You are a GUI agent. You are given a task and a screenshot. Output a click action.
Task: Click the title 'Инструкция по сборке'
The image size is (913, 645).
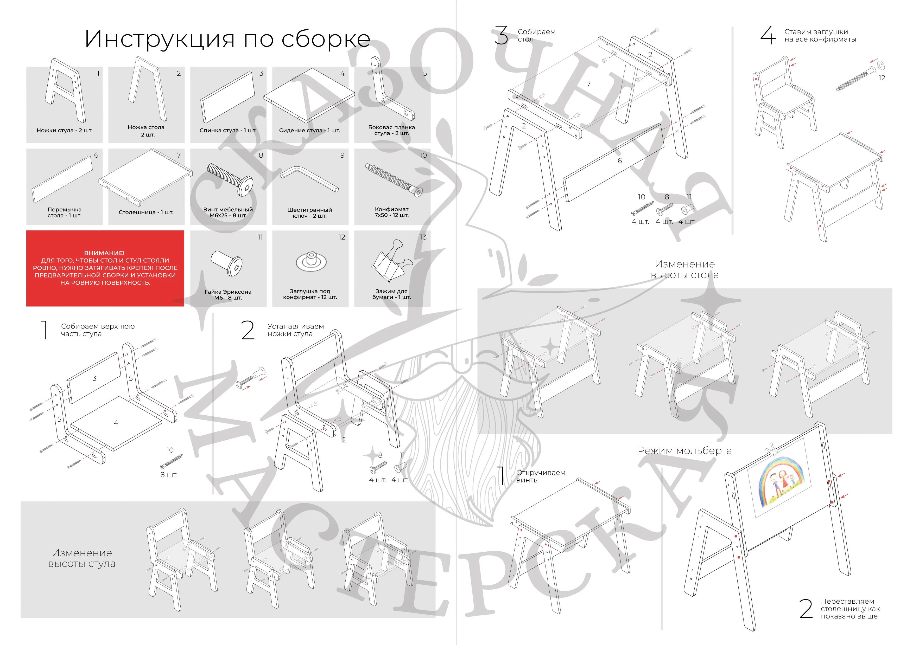coord(227,39)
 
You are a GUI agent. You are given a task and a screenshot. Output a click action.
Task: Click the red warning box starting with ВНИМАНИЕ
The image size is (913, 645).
coord(105,268)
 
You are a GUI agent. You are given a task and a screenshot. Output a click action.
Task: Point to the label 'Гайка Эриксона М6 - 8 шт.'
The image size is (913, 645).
coord(228,294)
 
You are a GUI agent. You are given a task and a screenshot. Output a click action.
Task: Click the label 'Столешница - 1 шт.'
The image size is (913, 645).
coord(146,212)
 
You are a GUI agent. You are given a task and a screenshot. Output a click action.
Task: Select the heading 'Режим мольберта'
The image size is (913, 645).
coord(684,451)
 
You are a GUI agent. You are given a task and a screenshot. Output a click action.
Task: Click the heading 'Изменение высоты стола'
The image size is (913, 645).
coord(684,269)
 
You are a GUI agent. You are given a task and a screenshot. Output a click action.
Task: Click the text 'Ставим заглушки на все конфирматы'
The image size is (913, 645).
coord(820,35)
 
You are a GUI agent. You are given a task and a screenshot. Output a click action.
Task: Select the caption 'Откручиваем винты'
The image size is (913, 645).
coord(540,476)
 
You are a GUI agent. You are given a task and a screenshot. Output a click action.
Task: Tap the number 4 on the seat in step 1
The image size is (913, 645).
coord(116,423)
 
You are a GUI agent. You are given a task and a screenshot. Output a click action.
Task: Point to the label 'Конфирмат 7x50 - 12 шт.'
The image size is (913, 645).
coord(392,212)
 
